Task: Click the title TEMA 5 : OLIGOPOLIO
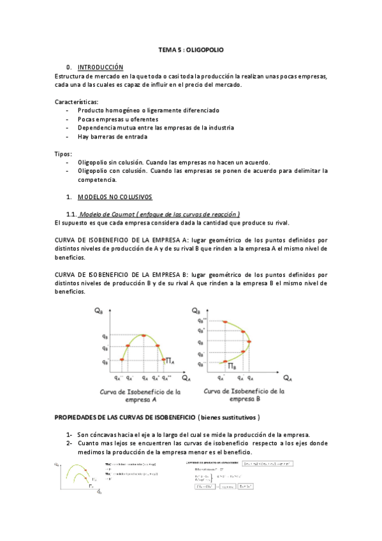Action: [191, 49]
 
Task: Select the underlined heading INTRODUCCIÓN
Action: [100, 67]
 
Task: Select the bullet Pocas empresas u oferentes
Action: [118, 119]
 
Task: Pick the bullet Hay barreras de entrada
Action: [112, 136]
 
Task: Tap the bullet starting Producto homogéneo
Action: [148, 110]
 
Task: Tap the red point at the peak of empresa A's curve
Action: [144, 336]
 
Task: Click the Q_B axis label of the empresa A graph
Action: [98, 311]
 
